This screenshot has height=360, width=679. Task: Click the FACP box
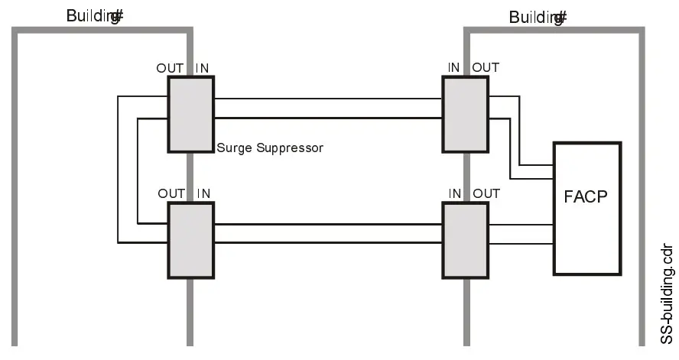tap(586, 208)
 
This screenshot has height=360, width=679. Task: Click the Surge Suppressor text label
tap(270, 148)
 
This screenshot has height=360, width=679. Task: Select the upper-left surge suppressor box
tap(190, 113)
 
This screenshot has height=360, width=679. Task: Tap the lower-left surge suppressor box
tap(190, 239)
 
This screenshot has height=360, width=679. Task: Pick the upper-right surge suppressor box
tap(465, 113)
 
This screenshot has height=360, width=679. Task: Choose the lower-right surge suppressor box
tap(465, 239)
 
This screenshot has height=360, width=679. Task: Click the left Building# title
tap(94, 17)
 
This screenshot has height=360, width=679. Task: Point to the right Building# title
tap(538, 17)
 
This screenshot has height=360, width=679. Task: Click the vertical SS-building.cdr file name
tap(667, 294)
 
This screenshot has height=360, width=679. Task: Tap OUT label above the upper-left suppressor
tap(170, 68)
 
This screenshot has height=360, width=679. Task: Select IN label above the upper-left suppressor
tap(203, 68)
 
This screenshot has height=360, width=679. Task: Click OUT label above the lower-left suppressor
tap(171, 193)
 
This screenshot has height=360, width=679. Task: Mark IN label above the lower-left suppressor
tap(203, 193)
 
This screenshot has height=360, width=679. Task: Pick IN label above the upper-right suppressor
tap(454, 68)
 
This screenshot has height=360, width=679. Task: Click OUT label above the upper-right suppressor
tap(486, 68)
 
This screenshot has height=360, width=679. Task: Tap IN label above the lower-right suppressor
tap(455, 193)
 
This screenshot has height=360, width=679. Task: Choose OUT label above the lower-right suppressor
tap(486, 193)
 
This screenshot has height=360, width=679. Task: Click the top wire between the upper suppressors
tap(329, 99)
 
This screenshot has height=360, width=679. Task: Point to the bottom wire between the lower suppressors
tap(329, 244)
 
